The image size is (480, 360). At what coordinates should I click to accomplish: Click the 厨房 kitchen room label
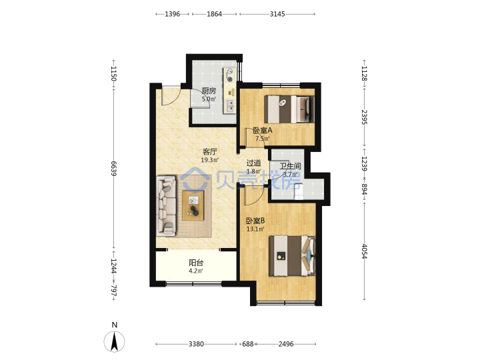(x=209, y=91)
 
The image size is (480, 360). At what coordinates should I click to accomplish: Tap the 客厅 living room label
(x=210, y=151)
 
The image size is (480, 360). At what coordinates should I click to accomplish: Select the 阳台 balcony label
(x=196, y=263)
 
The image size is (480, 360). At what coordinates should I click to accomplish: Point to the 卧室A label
(x=263, y=130)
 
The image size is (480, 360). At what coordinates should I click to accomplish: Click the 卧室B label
(x=255, y=221)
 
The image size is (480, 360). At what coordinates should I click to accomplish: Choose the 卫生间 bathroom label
(x=290, y=166)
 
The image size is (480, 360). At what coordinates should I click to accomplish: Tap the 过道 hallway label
(x=254, y=163)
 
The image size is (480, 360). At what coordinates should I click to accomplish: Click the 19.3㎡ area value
(x=210, y=160)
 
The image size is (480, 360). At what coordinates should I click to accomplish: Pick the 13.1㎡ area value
(x=255, y=229)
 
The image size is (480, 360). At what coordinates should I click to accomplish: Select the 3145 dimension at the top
(x=277, y=14)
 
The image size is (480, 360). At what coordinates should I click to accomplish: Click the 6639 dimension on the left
(x=113, y=169)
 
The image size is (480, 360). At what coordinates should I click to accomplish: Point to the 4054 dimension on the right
(x=364, y=251)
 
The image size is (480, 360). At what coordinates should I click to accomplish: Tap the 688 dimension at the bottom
(x=248, y=344)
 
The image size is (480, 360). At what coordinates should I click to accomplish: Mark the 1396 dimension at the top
(x=173, y=14)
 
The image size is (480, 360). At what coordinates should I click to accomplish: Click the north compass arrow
(x=115, y=341)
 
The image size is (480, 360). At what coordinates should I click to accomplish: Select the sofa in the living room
(x=166, y=206)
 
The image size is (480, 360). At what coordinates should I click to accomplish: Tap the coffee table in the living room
(x=193, y=205)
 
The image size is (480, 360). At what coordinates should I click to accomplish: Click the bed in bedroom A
(x=289, y=109)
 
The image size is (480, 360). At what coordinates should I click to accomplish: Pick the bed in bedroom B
(x=292, y=256)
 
